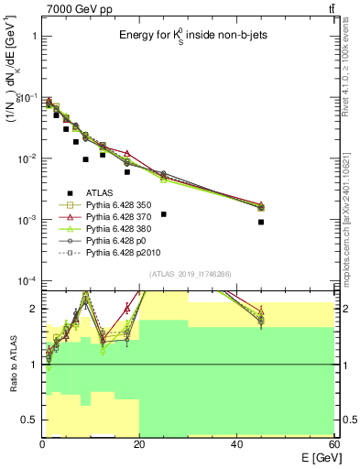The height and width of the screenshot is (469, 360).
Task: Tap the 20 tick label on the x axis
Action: tap(139, 444)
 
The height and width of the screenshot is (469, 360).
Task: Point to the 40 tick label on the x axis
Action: tap(236, 444)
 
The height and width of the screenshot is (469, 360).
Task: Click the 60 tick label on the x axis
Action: tap(333, 444)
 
